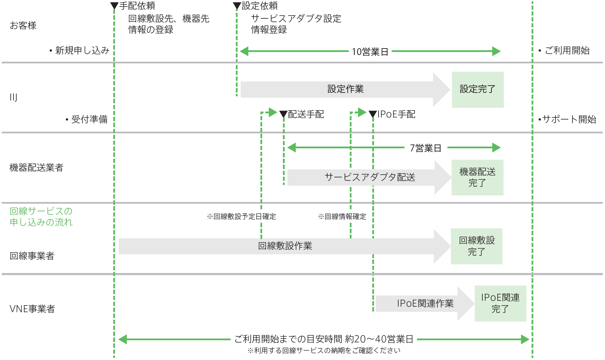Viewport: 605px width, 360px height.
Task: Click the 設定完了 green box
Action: point(478,89)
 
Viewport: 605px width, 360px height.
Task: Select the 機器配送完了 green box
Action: point(477,177)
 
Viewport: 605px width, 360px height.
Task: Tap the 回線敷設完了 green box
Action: point(477,246)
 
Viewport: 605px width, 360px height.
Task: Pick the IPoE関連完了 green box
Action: point(500,303)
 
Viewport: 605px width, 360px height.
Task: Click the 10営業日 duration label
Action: point(370,52)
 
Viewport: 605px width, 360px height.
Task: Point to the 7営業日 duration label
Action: point(425,148)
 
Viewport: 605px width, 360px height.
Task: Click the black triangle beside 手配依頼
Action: point(114,6)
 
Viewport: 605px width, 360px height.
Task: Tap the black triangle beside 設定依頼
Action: point(237,6)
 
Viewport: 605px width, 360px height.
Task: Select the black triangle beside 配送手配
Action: point(283,114)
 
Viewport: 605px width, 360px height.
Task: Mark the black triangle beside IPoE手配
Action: point(373,114)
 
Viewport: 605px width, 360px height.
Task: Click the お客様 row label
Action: point(23,26)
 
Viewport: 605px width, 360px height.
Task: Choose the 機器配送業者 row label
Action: point(36,168)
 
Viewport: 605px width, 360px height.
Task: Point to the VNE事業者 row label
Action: point(32,309)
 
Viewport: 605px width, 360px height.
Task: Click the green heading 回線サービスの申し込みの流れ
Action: point(41,217)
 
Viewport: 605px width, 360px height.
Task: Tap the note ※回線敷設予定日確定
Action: point(241,217)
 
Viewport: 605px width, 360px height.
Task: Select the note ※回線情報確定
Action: point(342,217)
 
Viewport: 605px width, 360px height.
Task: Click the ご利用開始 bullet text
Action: point(567,51)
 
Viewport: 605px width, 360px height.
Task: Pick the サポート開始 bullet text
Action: point(569,120)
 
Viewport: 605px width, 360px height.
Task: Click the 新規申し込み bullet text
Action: point(82,51)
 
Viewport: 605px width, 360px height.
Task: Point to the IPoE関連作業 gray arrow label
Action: point(425,304)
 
